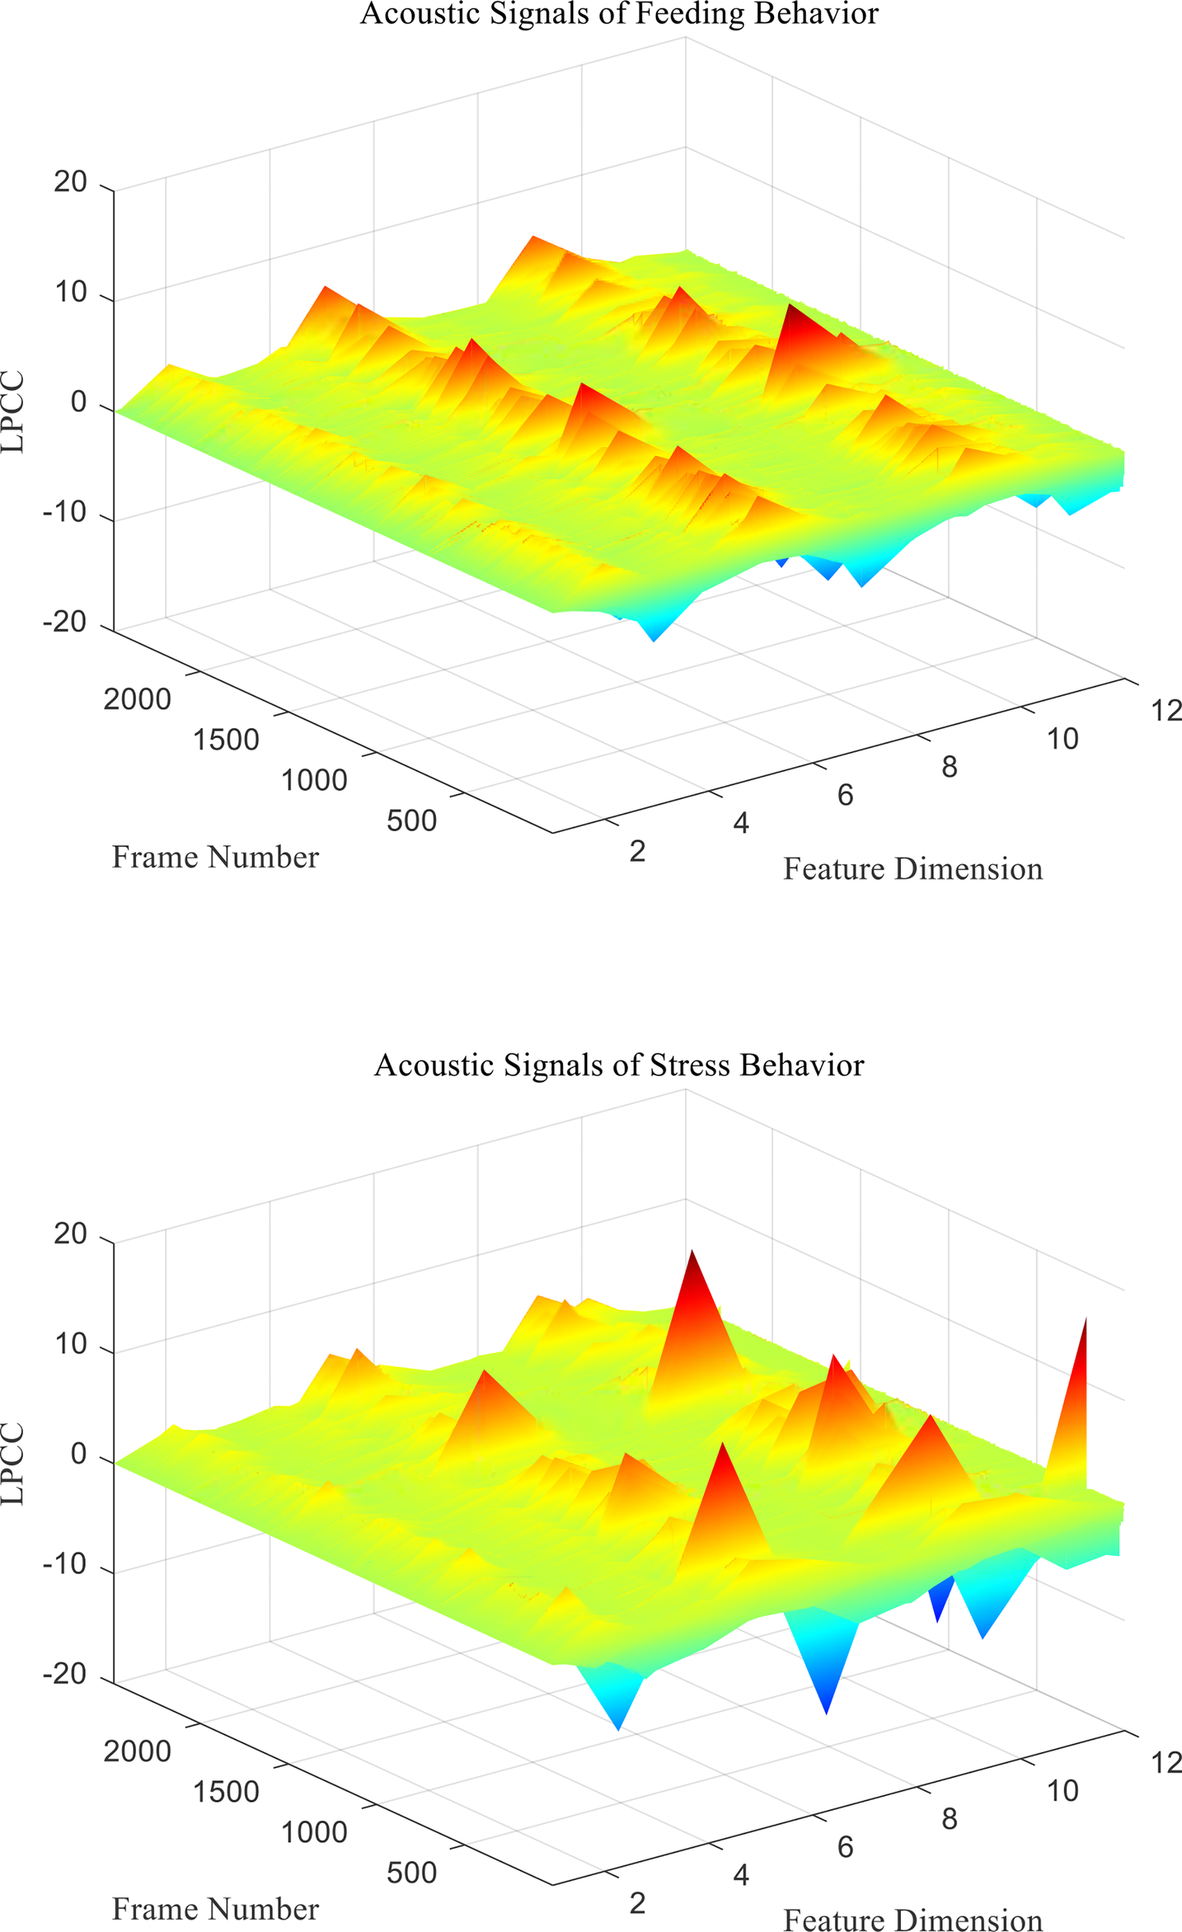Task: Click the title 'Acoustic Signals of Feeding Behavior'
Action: tap(619, 13)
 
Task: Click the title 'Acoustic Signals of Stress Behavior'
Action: tap(619, 1066)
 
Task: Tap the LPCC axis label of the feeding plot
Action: tap(13, 412)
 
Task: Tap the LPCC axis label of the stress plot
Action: tap(13, 1464)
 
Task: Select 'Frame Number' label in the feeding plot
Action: tap(215, 857)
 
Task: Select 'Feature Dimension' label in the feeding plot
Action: tap(912, 869)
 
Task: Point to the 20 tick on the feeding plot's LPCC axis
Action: tap(70, 182)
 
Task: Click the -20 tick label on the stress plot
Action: tap(64, 1674)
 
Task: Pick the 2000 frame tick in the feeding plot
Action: tap(138, 699)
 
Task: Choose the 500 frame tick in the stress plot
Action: tap(412, 1873)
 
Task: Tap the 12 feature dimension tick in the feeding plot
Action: tap(1166, 710)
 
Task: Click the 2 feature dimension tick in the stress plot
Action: tap(637, 1903)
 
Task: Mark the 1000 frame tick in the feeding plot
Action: tap(314, 781)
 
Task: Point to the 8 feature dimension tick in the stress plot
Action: tap(949, 1819)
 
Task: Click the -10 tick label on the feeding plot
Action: tap(64, 512)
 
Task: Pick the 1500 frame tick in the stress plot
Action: tap(226, 1792)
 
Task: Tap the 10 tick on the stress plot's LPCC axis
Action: tap(70, 1344)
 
